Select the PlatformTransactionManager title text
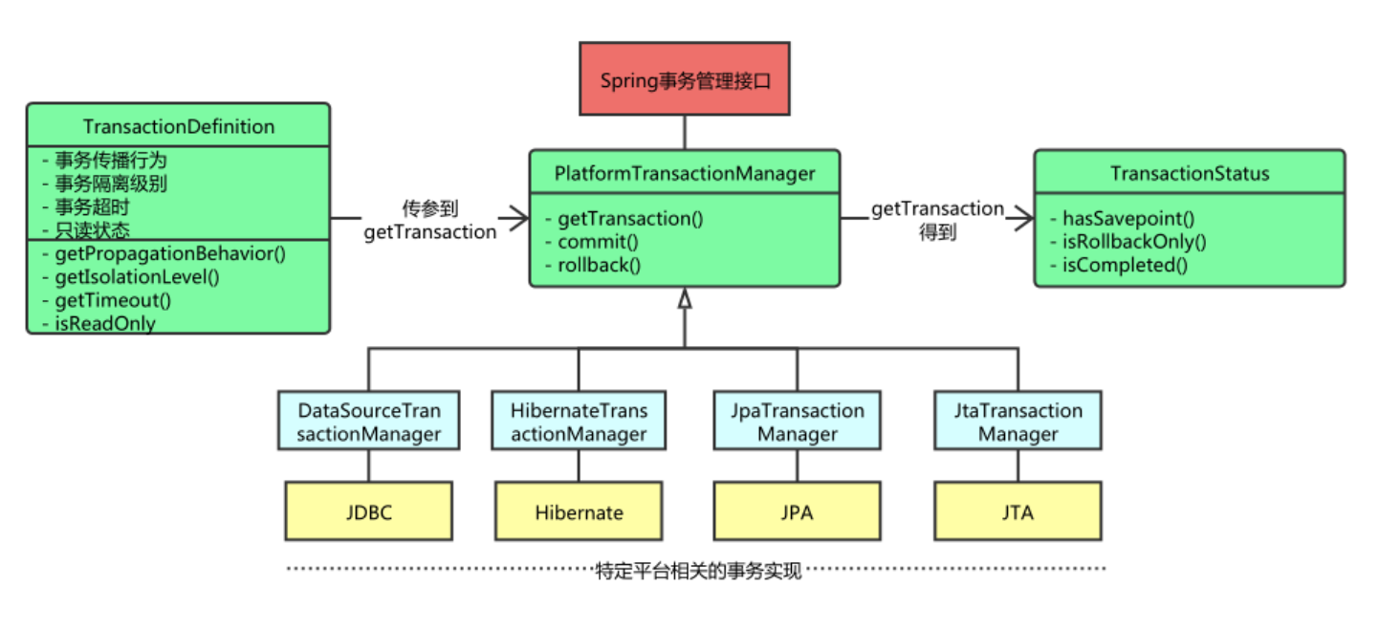685,173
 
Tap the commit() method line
598,242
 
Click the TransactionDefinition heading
179,126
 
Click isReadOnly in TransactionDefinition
104,323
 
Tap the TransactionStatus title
1190,173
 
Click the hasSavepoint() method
1128,219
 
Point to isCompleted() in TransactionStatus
1125,265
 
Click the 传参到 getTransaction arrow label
430,220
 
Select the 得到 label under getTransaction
937,231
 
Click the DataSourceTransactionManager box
369,422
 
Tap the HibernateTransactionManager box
579,422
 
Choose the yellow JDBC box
369,511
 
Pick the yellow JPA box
798,511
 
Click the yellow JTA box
1018,511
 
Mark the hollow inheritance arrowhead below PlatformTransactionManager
685,300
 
